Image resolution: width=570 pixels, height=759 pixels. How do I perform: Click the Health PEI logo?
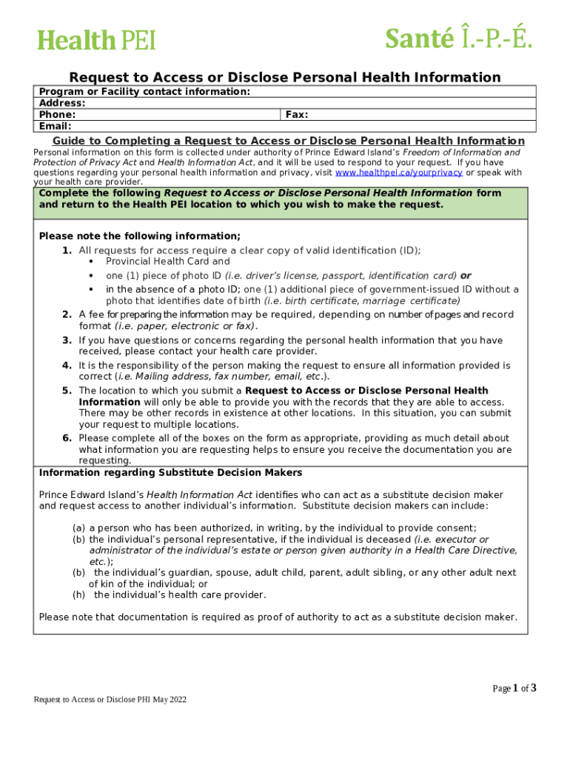(97, 39)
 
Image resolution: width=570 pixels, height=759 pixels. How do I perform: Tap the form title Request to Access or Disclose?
(285, 77)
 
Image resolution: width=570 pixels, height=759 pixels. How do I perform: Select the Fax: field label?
(297, 115)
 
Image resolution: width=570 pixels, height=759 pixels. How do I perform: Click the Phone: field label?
(57, 115)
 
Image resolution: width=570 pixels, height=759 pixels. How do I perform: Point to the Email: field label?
(55, 126)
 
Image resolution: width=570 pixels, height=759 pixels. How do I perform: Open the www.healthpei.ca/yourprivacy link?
(399, 172)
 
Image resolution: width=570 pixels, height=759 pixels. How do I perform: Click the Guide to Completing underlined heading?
(289, 141)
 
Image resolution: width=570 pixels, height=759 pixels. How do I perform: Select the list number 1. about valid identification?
(67, 251)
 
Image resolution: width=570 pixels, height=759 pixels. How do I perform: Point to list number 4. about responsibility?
(67, 365)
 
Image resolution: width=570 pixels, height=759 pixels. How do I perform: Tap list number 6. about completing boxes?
(67, 438)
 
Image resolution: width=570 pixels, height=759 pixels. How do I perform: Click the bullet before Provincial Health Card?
(90, 262)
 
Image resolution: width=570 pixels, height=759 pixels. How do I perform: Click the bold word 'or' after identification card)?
(466, 275)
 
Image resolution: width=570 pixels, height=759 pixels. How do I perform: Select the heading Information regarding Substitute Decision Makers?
(170, 472)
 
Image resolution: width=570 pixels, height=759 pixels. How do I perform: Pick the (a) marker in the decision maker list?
(78, 528)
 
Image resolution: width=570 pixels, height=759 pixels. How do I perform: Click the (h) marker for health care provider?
(78, 594)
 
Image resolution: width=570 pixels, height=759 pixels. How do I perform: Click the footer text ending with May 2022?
(110, 700)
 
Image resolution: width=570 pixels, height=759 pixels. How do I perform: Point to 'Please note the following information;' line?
(139, 236)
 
